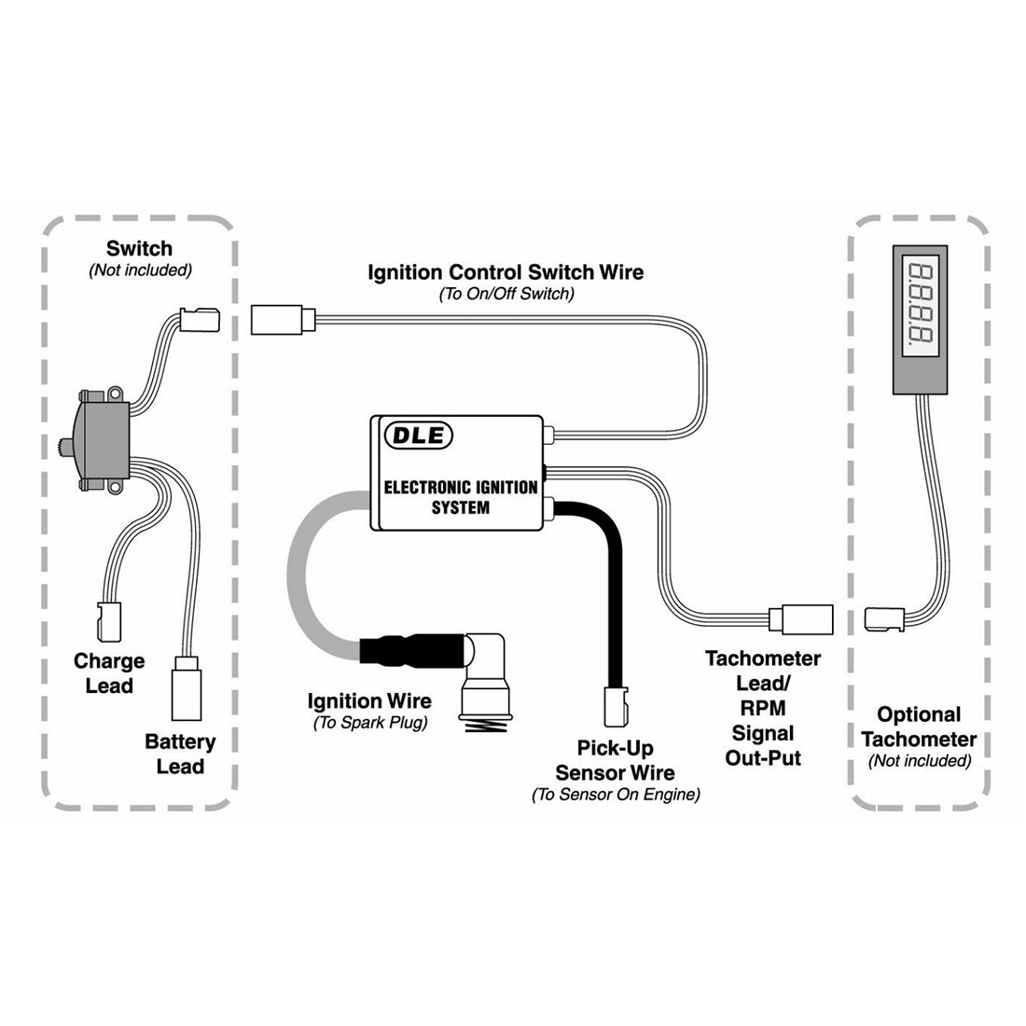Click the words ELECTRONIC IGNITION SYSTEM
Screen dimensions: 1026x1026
tap(461, 497)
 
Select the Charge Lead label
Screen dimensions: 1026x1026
tap(109, 673)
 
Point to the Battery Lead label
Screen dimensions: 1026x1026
tap(180, 754)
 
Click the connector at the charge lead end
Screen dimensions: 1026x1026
tap(109, 616)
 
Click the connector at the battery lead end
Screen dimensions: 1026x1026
tap(187, 686)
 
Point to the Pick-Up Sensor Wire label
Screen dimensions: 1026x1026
tap(615, 760)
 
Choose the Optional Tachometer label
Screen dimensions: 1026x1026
tap(919, 727)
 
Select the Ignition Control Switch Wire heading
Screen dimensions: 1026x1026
tap(506, 272)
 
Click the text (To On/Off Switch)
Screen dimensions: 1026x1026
tap(506, 294)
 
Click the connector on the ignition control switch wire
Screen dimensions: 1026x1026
tap(284, 319)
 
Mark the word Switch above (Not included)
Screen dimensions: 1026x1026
tap(139, 248)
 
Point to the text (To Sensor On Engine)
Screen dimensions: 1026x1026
tap(615, 795)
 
